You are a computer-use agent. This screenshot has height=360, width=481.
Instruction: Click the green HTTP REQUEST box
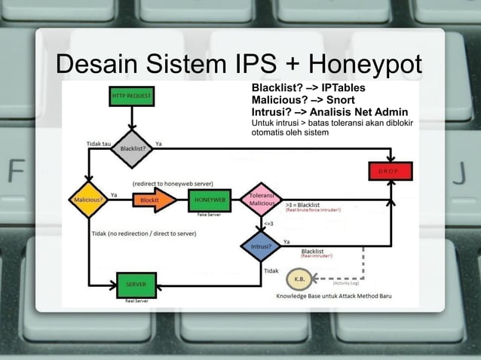point(131,96)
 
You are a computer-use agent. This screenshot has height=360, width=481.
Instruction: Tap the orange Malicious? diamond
point(89,200)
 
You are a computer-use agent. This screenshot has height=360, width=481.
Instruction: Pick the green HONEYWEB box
point(210,200)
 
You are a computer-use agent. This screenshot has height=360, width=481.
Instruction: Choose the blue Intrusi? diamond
point(260,246)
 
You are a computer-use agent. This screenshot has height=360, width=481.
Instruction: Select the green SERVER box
point(136,285)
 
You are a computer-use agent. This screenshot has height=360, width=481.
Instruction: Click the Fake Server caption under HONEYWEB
point(208,215)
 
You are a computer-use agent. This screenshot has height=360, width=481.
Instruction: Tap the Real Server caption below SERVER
point(136,300)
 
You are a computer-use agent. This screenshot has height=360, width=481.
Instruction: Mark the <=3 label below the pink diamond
point(268,224)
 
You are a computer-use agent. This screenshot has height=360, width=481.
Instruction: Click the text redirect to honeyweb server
point(173,184)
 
